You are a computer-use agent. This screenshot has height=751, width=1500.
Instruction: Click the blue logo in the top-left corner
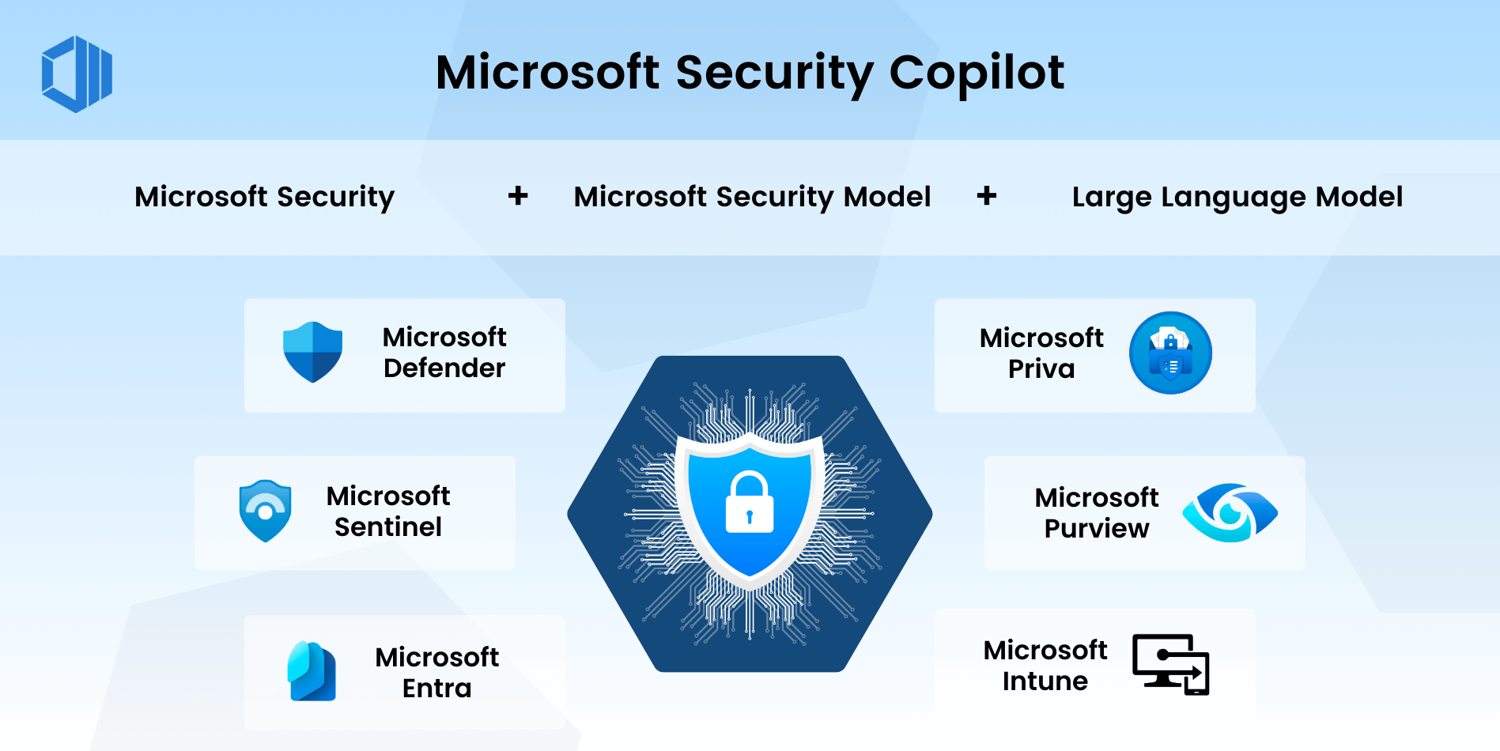click(x=77, y=74)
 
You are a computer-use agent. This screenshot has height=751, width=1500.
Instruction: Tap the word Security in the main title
click(x=773, y=73)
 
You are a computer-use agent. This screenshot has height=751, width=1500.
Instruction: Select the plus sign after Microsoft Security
click(x=518, y=195)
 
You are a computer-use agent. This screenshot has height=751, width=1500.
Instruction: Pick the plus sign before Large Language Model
click(x=986, y=195)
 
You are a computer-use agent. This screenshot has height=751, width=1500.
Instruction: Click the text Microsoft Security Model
click(x=752, y=197)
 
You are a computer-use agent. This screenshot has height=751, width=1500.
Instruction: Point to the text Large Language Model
click(x=1237, y=197)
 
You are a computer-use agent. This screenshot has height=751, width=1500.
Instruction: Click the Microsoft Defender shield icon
click(x=313, y=352)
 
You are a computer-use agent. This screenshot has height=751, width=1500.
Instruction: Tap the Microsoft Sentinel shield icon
click(x=265, y=511)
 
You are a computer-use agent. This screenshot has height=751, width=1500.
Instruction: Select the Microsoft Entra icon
click(x=312, y=672)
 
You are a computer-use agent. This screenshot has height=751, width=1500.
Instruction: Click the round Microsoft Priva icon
click(x=1169, y=353)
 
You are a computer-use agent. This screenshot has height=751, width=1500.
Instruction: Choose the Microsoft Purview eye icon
click(x=1230, y=512)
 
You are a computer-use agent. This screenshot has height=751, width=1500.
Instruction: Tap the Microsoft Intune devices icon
click(x=1171, y=664)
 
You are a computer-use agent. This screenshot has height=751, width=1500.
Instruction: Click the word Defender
click(x=444, y=368)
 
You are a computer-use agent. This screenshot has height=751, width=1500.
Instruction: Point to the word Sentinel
click(x=387, y=527)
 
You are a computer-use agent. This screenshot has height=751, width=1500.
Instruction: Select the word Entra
click(x=436, y=689)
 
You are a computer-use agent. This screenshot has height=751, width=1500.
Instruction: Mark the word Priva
click(x=1041, y=369)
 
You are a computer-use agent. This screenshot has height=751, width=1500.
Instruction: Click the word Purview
click(x=1096, y=529)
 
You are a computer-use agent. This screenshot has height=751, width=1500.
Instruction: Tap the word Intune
click(x=1045, y=681)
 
